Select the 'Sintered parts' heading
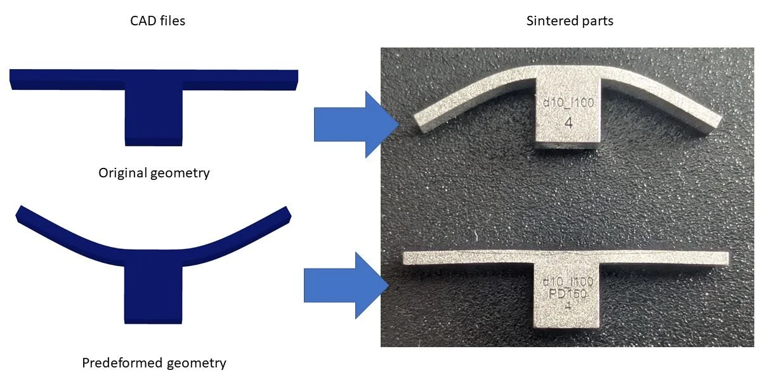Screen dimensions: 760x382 (x=570, y=21)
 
